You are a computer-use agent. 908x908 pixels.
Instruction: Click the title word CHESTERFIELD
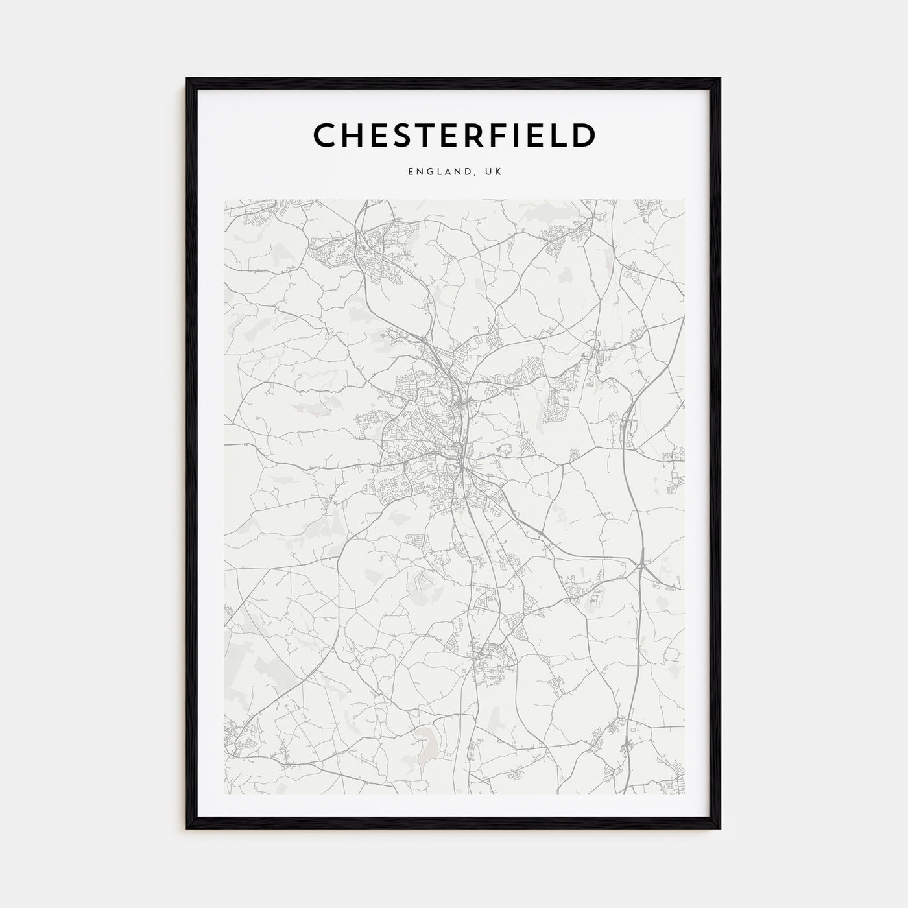454,136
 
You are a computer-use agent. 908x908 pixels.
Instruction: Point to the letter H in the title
354,136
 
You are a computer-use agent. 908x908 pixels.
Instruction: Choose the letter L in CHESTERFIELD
560,136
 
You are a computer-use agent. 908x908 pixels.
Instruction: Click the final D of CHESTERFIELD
584,136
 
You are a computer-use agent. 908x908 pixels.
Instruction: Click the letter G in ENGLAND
428,172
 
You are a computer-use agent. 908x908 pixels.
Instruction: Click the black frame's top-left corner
187,78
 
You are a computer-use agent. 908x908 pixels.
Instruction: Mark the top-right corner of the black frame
720,78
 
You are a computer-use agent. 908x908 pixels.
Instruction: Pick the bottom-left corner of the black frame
187,828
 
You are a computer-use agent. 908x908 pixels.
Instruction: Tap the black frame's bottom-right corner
720,828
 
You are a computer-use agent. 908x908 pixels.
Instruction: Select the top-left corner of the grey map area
224,200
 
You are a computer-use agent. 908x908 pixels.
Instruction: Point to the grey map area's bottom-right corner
684,794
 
